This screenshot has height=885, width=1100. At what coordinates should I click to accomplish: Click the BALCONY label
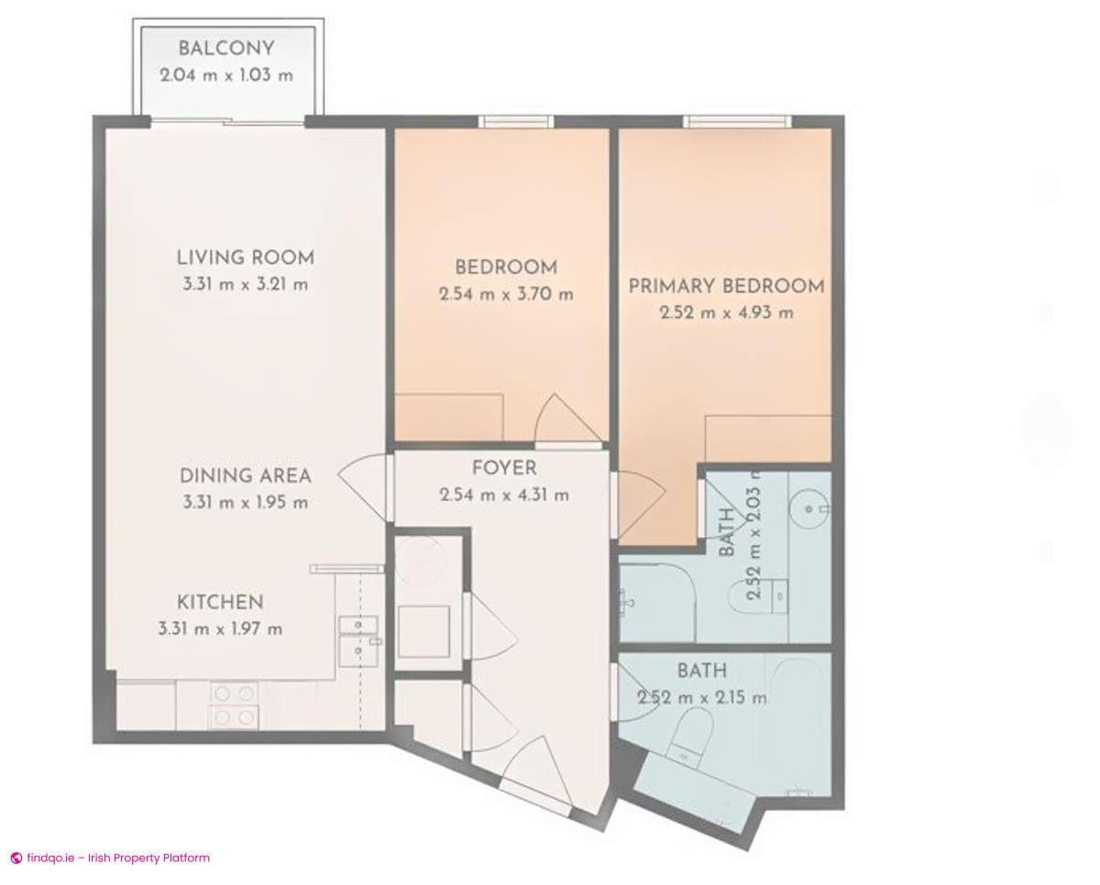tap(225, 49)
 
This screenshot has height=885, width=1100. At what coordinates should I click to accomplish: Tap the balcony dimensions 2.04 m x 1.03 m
tap(225, 75)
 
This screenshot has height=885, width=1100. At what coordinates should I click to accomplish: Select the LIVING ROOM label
tap(245, 257)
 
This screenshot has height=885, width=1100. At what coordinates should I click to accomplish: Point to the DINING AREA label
tap(245, 475)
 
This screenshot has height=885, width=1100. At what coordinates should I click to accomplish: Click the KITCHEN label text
tap(220, 602)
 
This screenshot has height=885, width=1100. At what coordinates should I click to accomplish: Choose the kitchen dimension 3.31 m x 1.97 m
tap(220, 628)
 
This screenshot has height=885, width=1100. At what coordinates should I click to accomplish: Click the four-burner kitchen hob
tap(234, 705)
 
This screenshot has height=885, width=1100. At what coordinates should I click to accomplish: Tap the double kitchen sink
tap(359, 639)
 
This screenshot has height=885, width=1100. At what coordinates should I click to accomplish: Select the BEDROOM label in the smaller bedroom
tap(506, 268)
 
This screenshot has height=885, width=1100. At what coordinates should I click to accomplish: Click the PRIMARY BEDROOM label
tap(726, 286)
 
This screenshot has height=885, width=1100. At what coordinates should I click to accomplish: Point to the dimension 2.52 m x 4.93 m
tap(726, 312)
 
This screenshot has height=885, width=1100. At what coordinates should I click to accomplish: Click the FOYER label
tap(504, 468)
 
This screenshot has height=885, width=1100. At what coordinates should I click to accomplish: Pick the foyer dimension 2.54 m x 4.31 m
tap(504, 495)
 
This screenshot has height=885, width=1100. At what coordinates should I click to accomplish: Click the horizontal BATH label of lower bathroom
tap(701, 672)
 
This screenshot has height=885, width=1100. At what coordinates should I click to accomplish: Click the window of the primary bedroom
tap(736, 121)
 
